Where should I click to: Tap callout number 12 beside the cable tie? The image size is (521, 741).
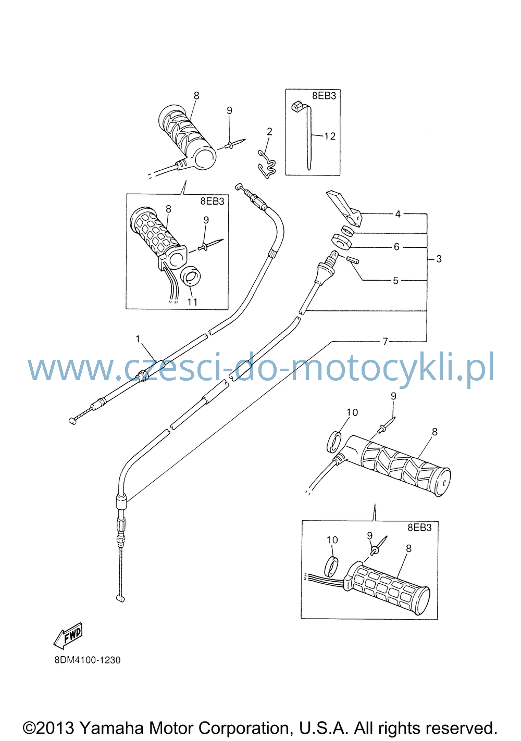[x=330, y=136]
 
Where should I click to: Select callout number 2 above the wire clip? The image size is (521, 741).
[x=269, y=132]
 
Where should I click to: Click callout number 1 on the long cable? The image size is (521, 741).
[x=138, y=339]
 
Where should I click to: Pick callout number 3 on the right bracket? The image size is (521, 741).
[x=439, y=259]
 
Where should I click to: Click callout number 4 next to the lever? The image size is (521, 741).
[x=398, y=214]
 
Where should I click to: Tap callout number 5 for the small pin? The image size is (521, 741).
[x=395, y=281]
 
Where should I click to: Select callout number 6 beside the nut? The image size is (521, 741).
[x=396, y=247]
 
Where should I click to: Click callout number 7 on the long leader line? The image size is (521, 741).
[x=385, y=341]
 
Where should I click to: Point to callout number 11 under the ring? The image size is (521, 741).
[x=192, y=302]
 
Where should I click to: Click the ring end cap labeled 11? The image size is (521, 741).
[x=190, y=276]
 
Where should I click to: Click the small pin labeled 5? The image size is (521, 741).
[x=353, y=259]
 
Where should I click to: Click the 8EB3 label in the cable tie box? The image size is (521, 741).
[x=324, y=96]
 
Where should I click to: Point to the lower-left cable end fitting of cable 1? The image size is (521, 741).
[x=73, y=421]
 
